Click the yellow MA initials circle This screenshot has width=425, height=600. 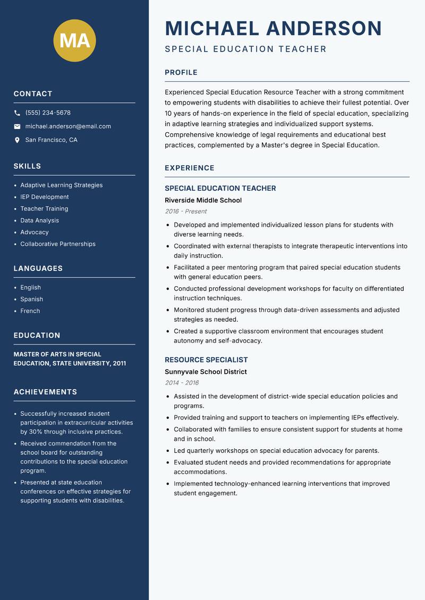point(74,40)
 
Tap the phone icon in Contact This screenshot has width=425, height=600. point(17,113)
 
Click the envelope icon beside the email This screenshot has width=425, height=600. point(17,126)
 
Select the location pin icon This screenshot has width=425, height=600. point(17,140)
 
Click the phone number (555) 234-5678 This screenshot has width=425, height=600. point(48,113)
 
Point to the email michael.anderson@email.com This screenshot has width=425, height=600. point(68,126)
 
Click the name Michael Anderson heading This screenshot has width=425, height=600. point(273,28)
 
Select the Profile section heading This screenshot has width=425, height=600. point(181,73)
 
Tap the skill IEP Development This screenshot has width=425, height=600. point(45,197)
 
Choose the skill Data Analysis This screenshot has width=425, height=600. point(40,220)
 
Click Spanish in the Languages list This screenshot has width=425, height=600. point(32,299)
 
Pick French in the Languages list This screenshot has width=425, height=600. point(30,311)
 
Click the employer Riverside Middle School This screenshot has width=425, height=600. point(203,200)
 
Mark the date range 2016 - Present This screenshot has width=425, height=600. point(185,211)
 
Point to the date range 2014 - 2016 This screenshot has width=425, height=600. point(182,383)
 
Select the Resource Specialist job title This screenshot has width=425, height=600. point(206,360)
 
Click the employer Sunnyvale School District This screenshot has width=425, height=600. point(206,372)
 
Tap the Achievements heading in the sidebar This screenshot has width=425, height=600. point(45,392)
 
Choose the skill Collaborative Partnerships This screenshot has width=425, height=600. point(58,244)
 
